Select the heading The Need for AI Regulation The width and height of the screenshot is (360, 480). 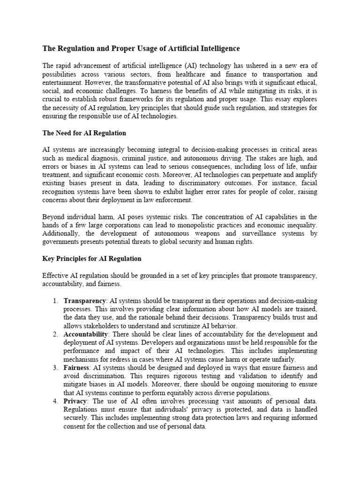84,133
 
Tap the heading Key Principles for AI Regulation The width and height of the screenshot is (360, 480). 91,258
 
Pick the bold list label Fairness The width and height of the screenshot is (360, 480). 75,368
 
